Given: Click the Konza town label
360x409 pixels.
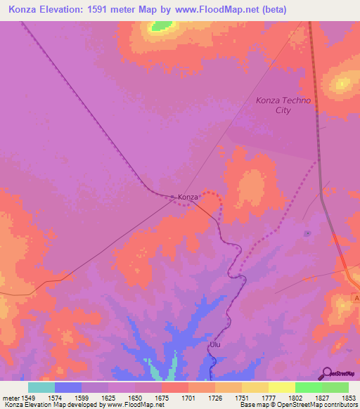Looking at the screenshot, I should [188, 197].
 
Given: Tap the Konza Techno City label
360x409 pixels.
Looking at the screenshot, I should [283, 105].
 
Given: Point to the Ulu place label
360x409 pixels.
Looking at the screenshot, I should [215, 345].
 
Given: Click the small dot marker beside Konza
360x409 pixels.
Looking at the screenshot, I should [173, 196].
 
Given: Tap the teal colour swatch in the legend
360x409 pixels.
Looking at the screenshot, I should [41, 387].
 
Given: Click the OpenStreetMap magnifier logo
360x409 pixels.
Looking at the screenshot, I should [327, 372].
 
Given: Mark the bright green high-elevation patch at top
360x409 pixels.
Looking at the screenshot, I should [162, 26].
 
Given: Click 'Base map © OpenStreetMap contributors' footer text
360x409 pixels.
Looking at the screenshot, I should [297, 405].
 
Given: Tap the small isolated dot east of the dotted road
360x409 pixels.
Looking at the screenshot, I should [307, 233].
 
